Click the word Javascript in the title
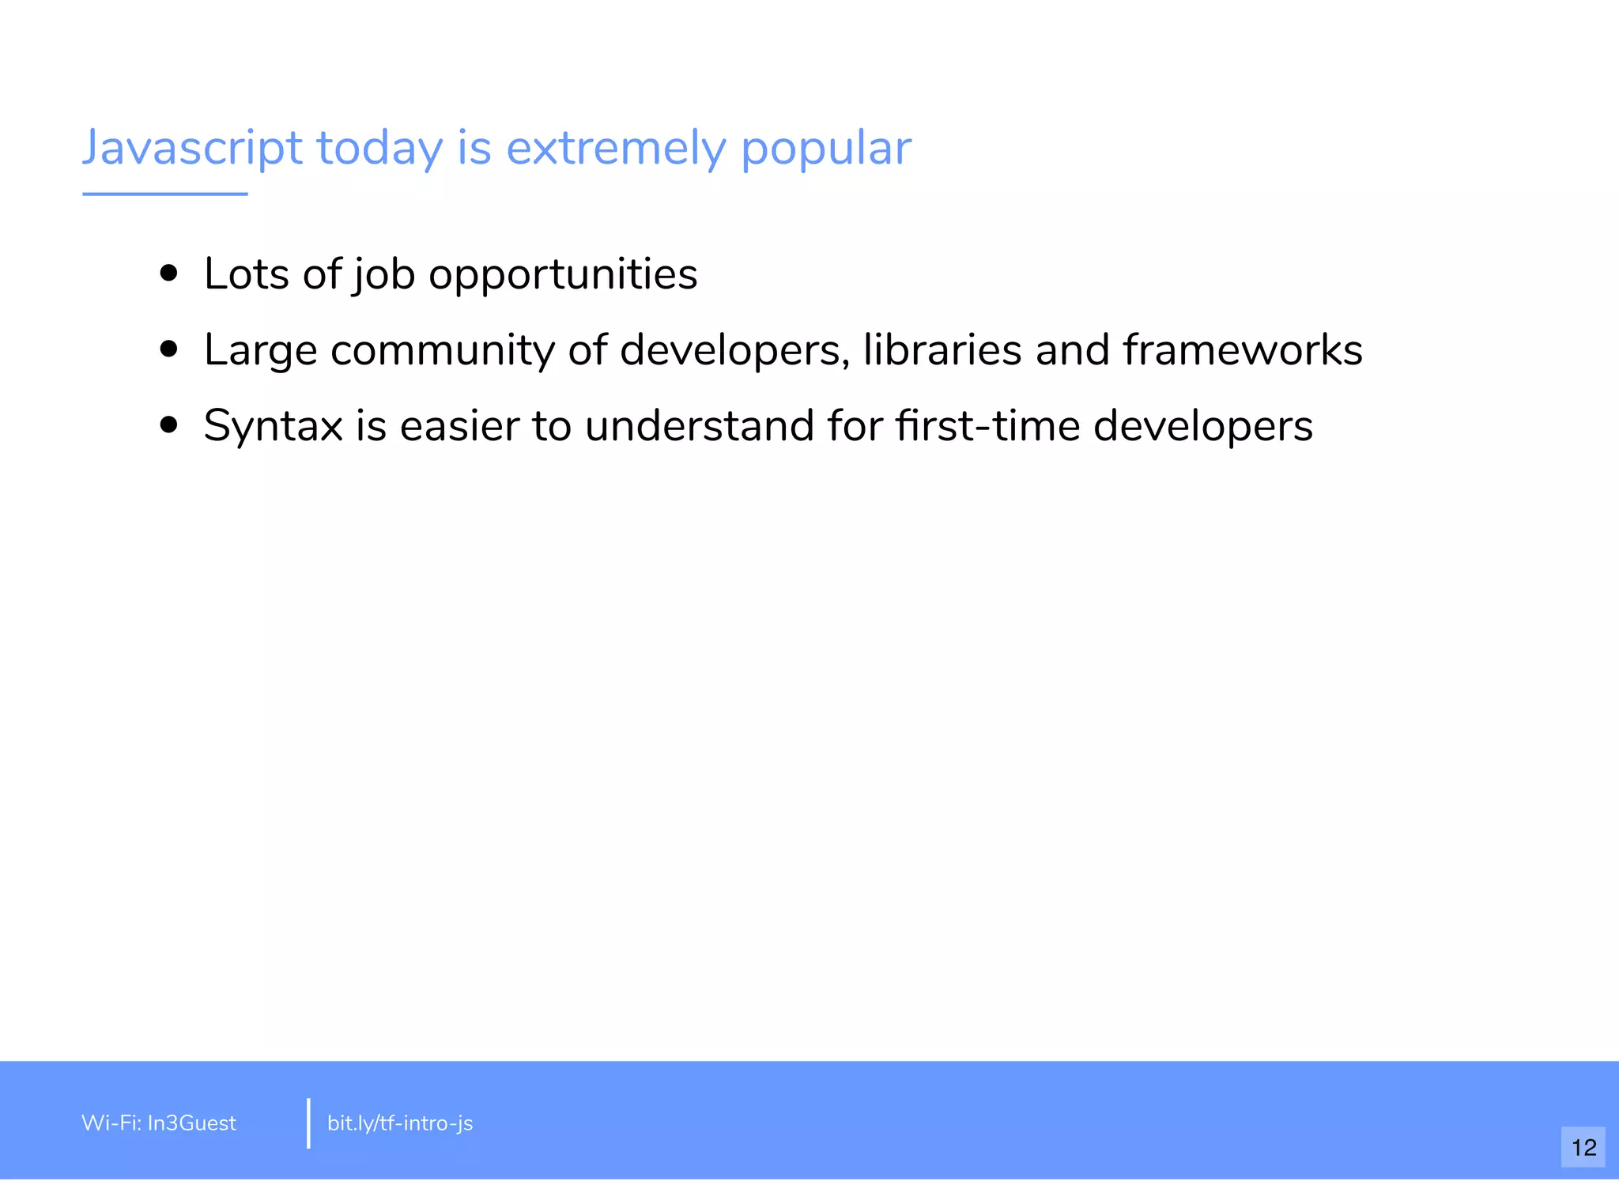pyautogui.click(x=192, y=148)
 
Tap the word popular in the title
pyautogui.click(x=825, y=148)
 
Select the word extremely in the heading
pyautogui.click(x=615, y=148)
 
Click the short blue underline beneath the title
pyautogui.click(x=164, y=194)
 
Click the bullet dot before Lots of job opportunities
pyautogui.click(x=168, y=274)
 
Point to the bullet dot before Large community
pyautogui.click(x=168, y=349)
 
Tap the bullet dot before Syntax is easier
pyautogui.click(x=168, y=425)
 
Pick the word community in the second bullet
pyautogui.click(x=442, y=350)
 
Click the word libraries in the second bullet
pyautogui.click(x=942, y=350)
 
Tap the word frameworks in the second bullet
pyautogui.click(x=1243, y=350)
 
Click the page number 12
pyautogui.click(x=1583, y=1147)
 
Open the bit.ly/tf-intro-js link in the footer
pyautogui.click(x=400, y=1123)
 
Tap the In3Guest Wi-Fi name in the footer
pyautogui.click(x=191, y=1123)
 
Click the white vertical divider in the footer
pyautogui.click(x=308, y=1123)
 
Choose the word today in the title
pyautogui.click(x=379, y=148)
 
